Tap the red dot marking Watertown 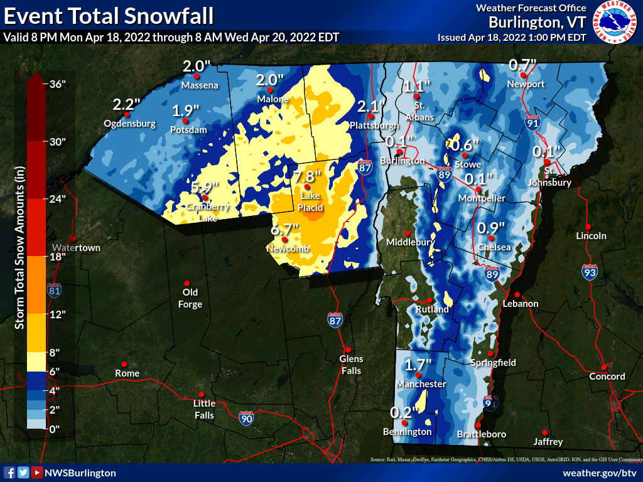73,238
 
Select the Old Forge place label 190,298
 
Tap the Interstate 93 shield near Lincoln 589,272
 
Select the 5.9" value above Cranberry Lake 204,187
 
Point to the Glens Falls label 351,364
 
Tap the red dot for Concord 603,367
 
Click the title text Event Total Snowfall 108,14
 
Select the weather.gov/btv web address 600,473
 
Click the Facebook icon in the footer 9,473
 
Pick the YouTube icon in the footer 37,473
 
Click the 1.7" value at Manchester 418,364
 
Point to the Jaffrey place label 548,442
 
